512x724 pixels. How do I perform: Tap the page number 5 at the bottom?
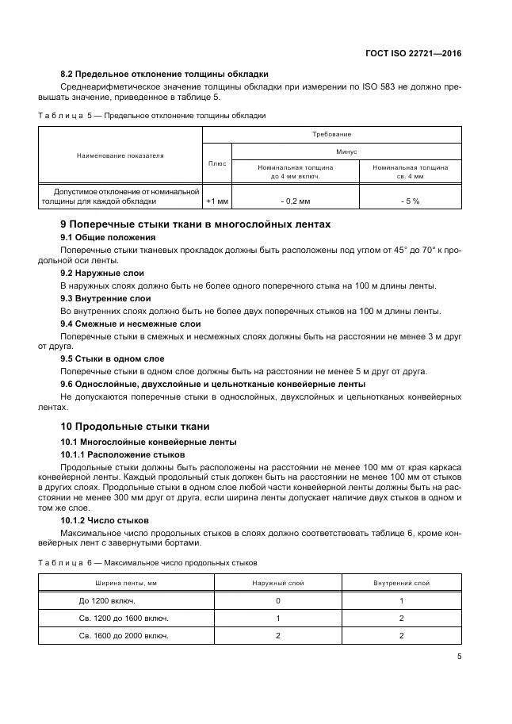pyautogui.click(x=458, y=657)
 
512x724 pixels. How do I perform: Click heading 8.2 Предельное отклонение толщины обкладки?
pyautogui.click(x=164, y=73)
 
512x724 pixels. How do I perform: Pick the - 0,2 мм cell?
pyautogui.click(x=295, y=201)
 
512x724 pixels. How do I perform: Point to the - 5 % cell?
pyautogui.click(x=410, y=201)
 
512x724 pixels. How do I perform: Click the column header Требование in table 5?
pyautogui.click(x=331, y=135)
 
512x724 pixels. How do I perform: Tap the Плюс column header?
pyautogui.click(x=216, y=163)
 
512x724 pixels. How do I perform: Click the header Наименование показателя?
pyautogui.click(x=120, y=156)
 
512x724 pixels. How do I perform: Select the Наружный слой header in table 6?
pyautogui.click(x=278, y=583)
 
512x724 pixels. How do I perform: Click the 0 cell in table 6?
pyautogui.click(x=278, y=601)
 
